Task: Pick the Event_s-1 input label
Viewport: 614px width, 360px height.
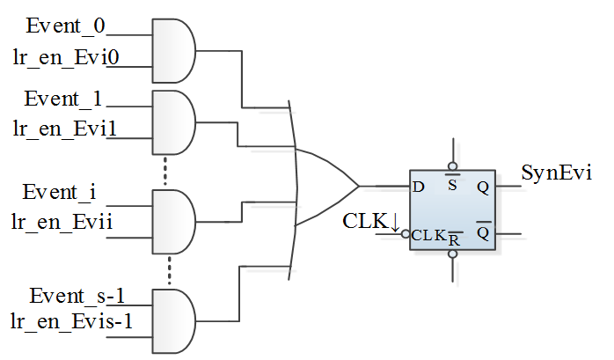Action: click(x=74, y=294)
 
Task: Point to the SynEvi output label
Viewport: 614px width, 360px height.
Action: click(x=556, y=172)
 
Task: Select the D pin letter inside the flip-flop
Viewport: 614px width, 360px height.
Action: click(x=418, y=187)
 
